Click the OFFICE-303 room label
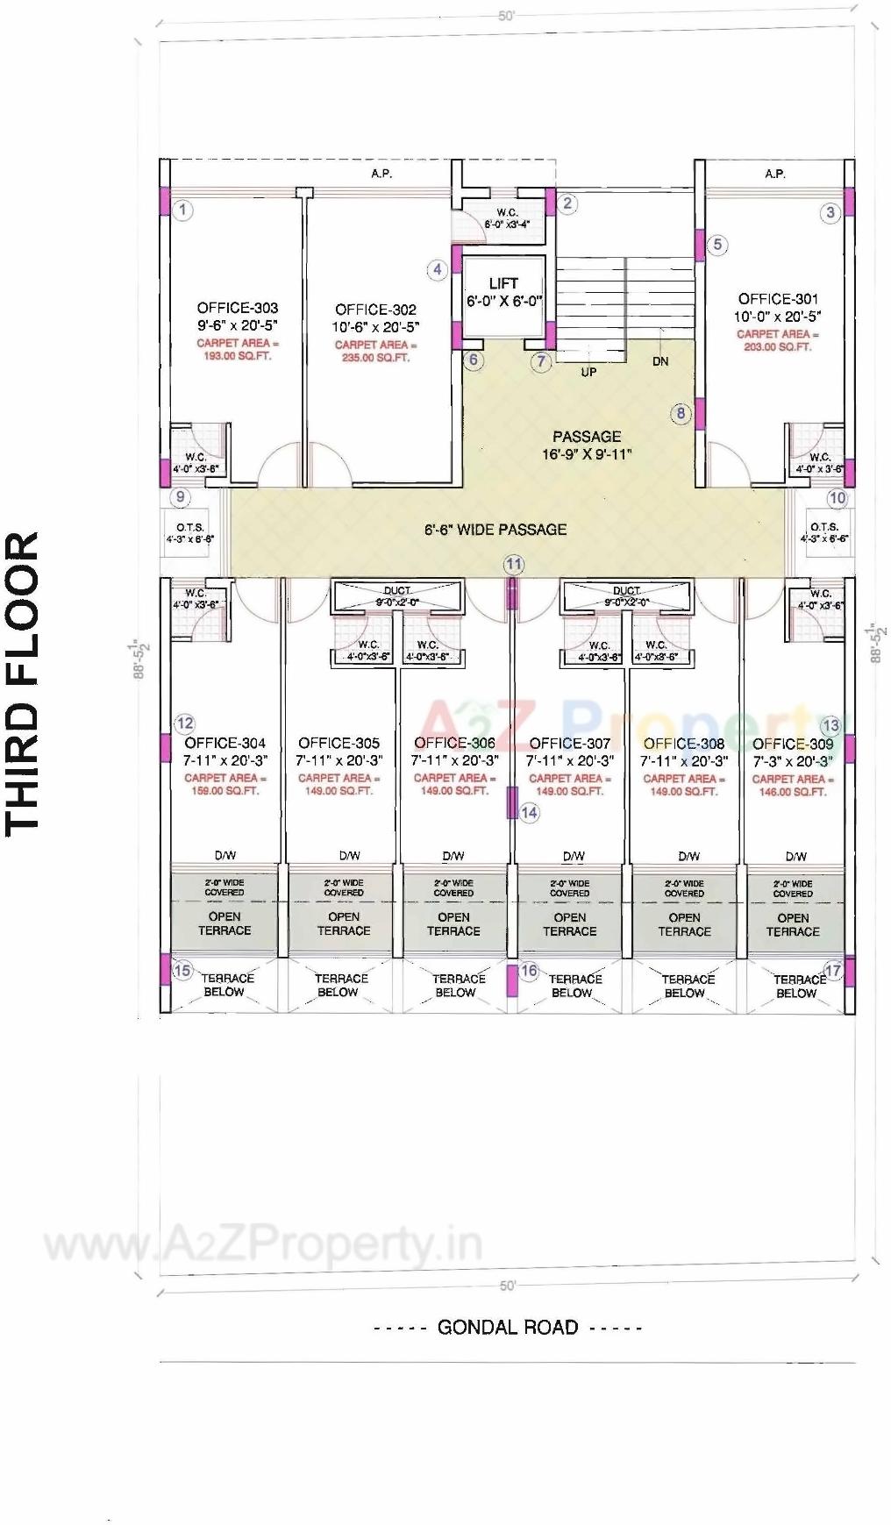[x=238, y=308]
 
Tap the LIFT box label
[x=503, y=283]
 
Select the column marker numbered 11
[x=514, y=565]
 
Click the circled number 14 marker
[x=529, y=813]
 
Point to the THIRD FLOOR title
[x=24, y=682]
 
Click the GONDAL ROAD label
[x=508, y=1327]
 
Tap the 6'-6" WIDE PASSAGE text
[x=495, y=530]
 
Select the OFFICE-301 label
[x=778, y=299]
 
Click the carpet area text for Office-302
[x=376, y=351]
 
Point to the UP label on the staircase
[x=588, y=372]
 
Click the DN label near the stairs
[x=660, y=361]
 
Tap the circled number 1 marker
[x=182, y=210]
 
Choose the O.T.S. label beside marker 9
[x=189, y=528]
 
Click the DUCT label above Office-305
[x=397, y=591]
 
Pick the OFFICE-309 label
[x=793, y=744]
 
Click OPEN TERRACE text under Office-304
[x=225, y=923]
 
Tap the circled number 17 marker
[x=833, y=971]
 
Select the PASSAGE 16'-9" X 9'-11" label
[x=587, y=445]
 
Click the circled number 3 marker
[x=830, y=212]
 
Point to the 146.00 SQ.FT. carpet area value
[x=793, y=792]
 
